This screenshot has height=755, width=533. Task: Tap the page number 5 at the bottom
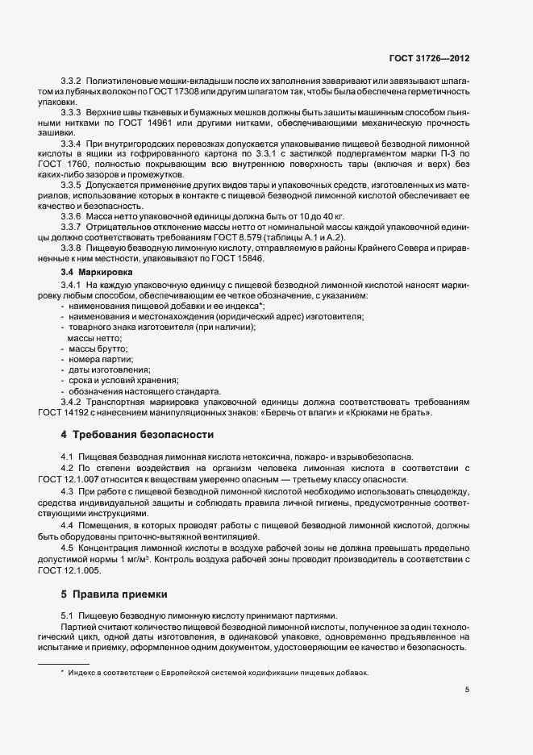pyautogui.click(x=467, y=690)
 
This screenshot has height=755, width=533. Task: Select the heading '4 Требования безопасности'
pyautogui.click(x=137, y=435)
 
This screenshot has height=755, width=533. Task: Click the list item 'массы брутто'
pyautogui.click(x=93, y=348)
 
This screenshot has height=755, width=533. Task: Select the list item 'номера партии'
pyautogui.click(x=97, y=359)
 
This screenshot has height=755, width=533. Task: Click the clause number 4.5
pyautogui.click(x=68, y=549)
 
